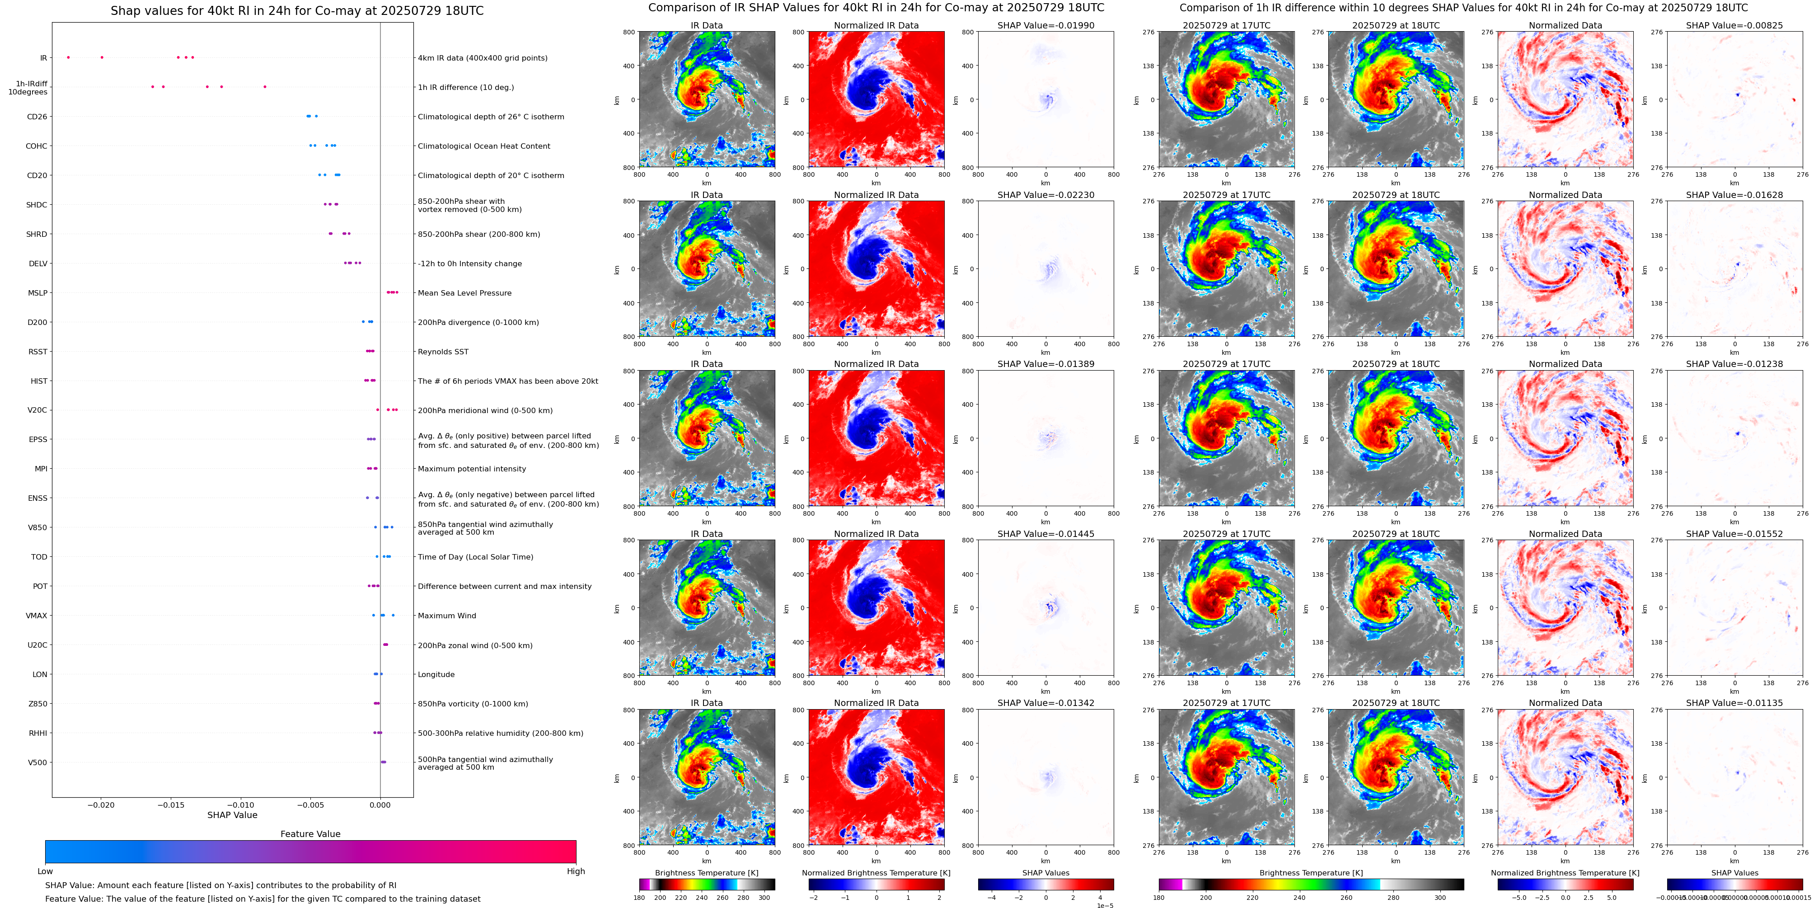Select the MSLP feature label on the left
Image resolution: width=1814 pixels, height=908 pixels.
37,293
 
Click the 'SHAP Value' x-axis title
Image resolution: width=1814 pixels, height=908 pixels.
232,815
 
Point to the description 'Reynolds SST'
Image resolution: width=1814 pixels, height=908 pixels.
443,352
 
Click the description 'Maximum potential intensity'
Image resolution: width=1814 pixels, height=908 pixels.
472,469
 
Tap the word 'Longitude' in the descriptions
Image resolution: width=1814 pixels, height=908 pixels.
436,675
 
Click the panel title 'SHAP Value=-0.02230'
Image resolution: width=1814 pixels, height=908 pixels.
1046,195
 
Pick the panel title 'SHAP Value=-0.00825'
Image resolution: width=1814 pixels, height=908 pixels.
1734,25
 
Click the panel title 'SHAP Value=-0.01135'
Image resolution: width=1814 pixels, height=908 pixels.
1734,703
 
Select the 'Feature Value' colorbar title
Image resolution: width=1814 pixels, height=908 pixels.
310,834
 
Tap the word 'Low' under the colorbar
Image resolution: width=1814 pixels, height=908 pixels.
45,871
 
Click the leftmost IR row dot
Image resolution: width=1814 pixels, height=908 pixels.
68,57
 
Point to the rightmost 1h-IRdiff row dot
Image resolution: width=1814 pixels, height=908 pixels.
265,87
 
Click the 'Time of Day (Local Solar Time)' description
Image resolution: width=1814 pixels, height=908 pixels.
475,557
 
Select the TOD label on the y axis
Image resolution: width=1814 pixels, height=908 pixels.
39,557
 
